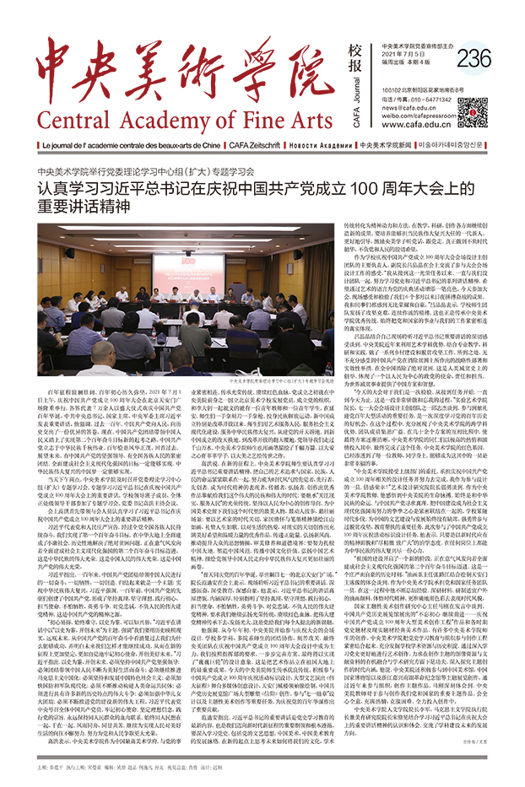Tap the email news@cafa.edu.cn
[x=414, y=105]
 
